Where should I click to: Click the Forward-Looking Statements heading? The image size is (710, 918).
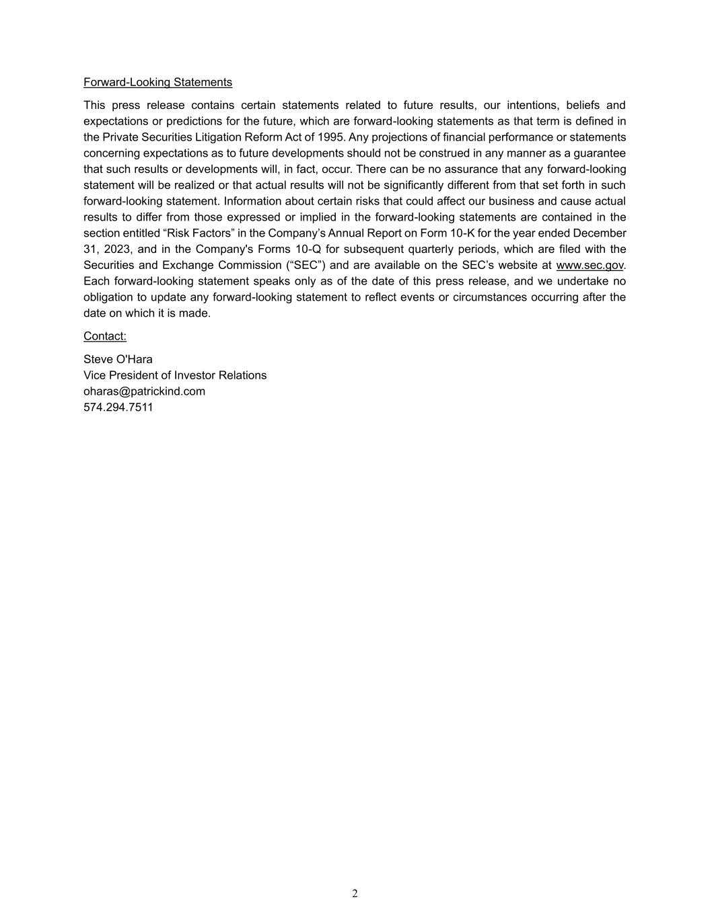157,82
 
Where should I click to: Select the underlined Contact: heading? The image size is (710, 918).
105,336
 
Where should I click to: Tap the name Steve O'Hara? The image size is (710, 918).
118,359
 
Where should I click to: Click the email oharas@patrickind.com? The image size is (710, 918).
144,391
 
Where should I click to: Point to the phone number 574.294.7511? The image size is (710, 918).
118,408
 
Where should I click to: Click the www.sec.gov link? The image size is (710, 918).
590,265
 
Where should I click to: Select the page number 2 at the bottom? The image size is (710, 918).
355,893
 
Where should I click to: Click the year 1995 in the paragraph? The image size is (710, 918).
332,137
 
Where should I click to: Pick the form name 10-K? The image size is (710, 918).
462,233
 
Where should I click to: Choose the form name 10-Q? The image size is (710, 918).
308,250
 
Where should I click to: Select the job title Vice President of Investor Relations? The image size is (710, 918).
175,375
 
